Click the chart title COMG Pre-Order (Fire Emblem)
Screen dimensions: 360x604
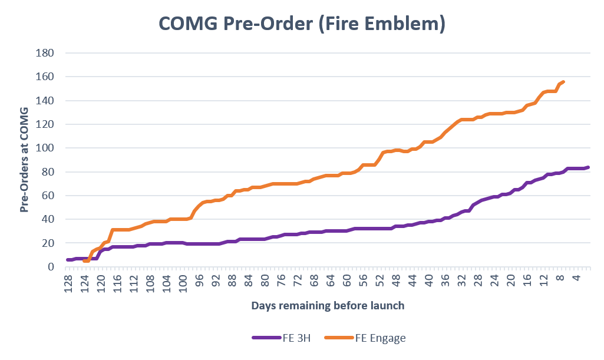click(x=302, y=24)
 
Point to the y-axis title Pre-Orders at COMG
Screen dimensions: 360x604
click(x=25, y=160)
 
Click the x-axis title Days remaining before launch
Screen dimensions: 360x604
click(x=328, y=306)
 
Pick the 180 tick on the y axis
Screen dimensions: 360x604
click(x=46, y=53)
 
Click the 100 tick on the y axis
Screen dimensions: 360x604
click(x=46, y=148)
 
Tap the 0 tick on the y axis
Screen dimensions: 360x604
click(x=51, y=267)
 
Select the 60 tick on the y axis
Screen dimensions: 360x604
click(x=48, y=196)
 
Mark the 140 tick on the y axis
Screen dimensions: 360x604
click(x=46, y=101)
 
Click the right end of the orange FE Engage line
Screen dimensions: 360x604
click(x=563, y=82)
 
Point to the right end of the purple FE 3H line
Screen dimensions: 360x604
click(x=588, y=167)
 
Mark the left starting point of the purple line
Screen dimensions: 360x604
click(x=68, y=260)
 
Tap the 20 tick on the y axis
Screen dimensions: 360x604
click(x=48, y=243)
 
